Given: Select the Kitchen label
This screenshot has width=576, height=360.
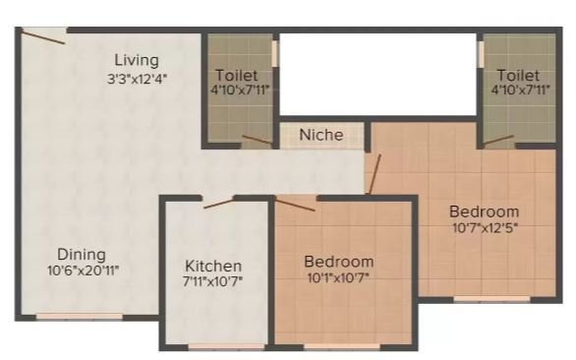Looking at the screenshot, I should tap(214, 266).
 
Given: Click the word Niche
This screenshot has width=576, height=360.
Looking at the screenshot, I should tap(321, 135).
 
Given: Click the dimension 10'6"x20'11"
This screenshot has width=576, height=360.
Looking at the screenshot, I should tap(84, 270).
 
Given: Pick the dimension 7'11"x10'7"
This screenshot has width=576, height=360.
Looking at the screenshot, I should tap(214, 282).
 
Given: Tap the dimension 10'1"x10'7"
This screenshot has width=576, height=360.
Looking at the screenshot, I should tap(338, 278).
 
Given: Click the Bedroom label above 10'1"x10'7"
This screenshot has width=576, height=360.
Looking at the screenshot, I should tap(339, 262).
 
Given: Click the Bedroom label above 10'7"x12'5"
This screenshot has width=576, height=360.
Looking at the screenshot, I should tap(484, 211).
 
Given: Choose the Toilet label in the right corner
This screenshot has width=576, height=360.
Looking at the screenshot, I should tap(518, 74).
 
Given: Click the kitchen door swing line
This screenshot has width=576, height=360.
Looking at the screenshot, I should tap(218, 203).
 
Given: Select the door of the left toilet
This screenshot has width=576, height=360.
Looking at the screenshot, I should tap(258, 140).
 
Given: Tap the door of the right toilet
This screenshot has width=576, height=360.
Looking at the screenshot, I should tap(499, 140).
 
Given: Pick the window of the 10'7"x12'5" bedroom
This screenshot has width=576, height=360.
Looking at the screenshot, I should tap(485, 299).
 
